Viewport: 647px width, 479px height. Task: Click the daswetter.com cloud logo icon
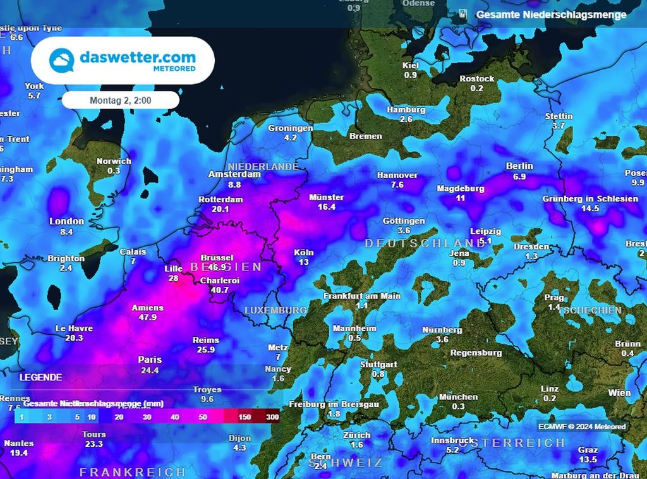(x=63, y=61)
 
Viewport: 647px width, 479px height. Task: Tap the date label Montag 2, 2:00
(x=121, y=100)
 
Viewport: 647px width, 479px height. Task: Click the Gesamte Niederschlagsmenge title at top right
(x=551, y=15)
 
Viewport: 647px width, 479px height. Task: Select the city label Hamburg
(x=406, y=109)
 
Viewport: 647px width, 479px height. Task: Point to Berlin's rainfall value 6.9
(x=519, y=176)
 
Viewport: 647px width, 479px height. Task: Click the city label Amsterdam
(x=235, y=174)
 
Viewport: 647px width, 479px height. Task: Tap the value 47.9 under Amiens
(x=147, y=317)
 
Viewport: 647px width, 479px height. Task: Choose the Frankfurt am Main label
(x=362, y=296)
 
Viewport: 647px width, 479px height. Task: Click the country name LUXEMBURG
(x=275, y=310)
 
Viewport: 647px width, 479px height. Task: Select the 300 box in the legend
(x=272, y=417)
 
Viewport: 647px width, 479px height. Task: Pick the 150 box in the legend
(x=246, y=417)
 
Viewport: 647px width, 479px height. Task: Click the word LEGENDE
(x=40, y=377)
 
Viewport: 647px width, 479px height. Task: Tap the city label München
(x=459, y=397)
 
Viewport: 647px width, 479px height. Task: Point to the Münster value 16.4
(x=327, y=207)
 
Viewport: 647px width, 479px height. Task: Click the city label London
(x=67, y=221)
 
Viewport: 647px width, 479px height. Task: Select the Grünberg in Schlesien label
(x=590, y=198)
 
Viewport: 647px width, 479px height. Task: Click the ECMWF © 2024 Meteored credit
(x=582, y=427)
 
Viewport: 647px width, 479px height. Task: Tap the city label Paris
(x=150, y=360)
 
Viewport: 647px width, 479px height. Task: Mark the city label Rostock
(x=477, y=78)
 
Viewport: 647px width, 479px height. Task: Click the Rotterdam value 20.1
(x=220, y=209)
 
